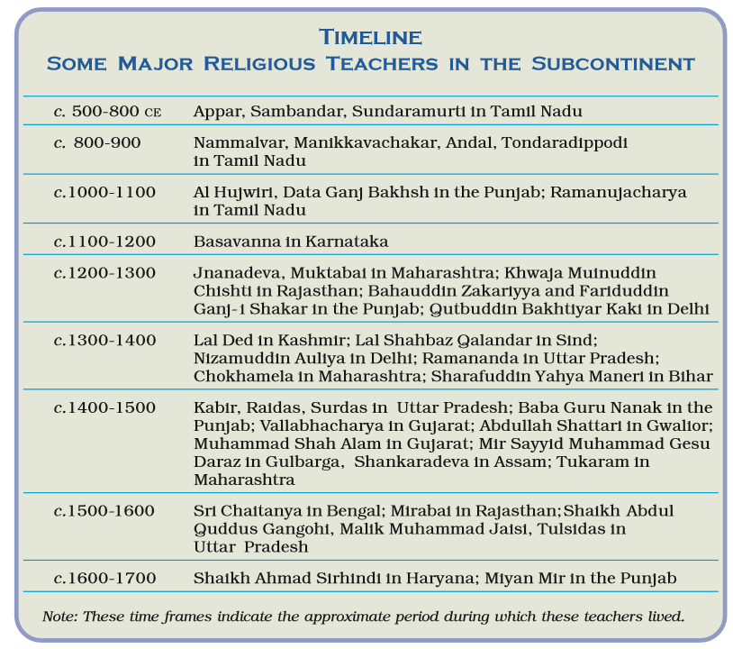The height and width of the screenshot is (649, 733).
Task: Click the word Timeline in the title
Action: tap(370, 37)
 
